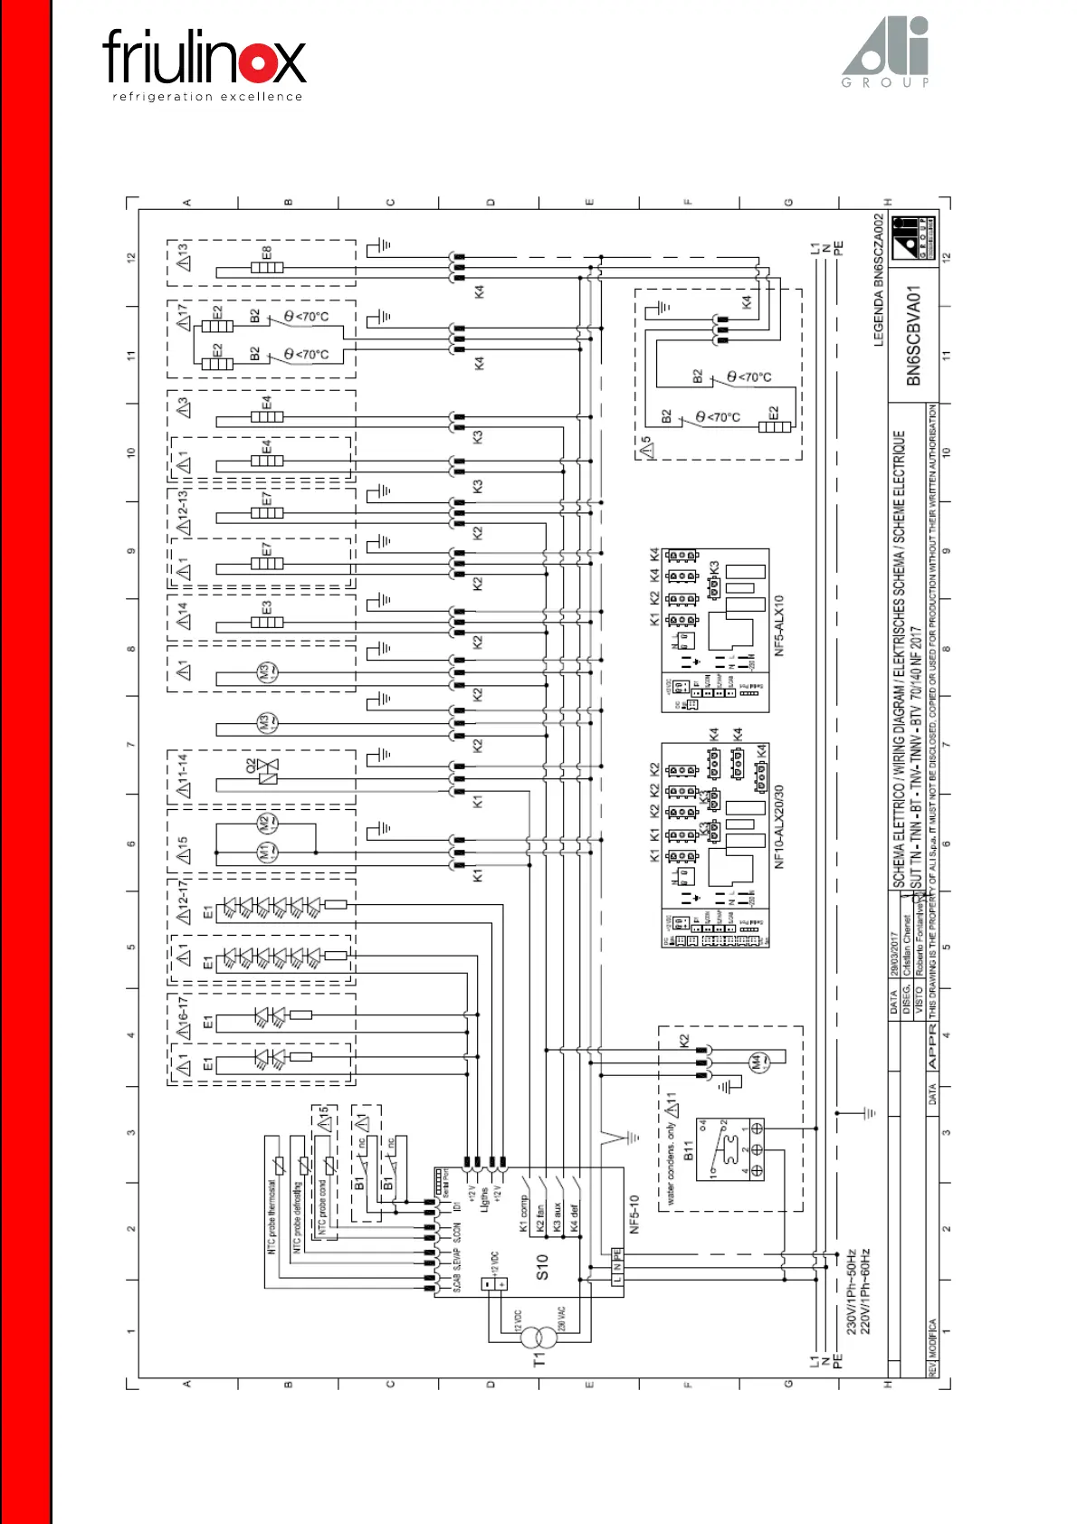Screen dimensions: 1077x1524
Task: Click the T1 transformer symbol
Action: [542, 1338]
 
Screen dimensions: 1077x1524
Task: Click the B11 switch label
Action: [688, 1151]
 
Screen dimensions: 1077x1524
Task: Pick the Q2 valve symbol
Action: [268, 771]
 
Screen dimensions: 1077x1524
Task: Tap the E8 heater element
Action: [267, 267]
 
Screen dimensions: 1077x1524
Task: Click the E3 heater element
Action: [267, 622]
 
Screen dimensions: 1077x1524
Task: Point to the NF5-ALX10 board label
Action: [779, 625]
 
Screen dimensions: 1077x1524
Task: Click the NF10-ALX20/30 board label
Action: [779, 826]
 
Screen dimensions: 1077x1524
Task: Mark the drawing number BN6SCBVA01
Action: [913, 336]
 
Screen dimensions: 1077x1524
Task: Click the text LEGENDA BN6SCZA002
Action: [878, 281]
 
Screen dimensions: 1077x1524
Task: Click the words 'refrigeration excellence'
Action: [207, 97]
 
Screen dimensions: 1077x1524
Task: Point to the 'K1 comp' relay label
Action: [523, 1214]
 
